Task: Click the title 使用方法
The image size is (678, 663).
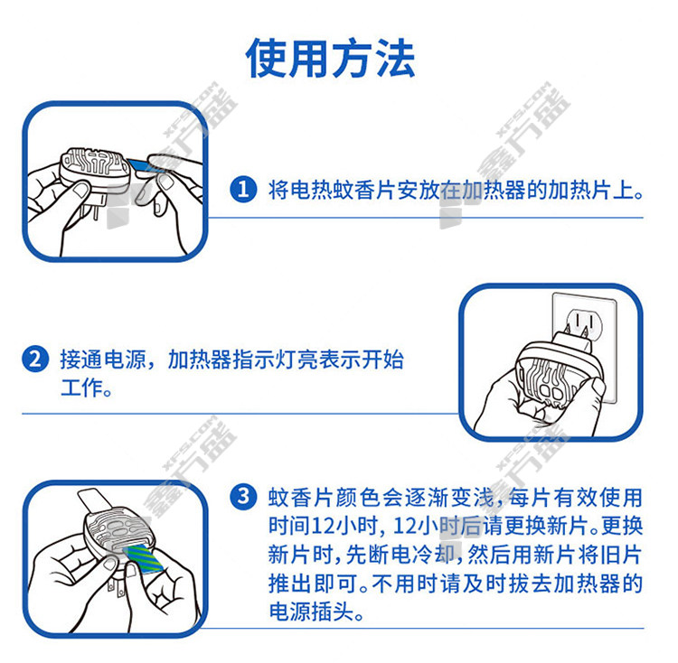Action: point(331,58)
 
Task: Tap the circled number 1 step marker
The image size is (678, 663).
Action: point(243,189)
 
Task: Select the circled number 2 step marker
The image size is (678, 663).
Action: point(35,359)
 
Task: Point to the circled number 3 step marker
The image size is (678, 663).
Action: point(243,497)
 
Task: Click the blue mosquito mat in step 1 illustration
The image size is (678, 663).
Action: point(144,165)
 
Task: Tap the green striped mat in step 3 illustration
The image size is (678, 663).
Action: point(143,558)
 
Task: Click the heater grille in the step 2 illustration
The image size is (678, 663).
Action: point(546,380)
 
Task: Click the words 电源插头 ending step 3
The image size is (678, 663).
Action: point(311,612)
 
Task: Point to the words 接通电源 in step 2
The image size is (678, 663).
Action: point(103,360)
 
